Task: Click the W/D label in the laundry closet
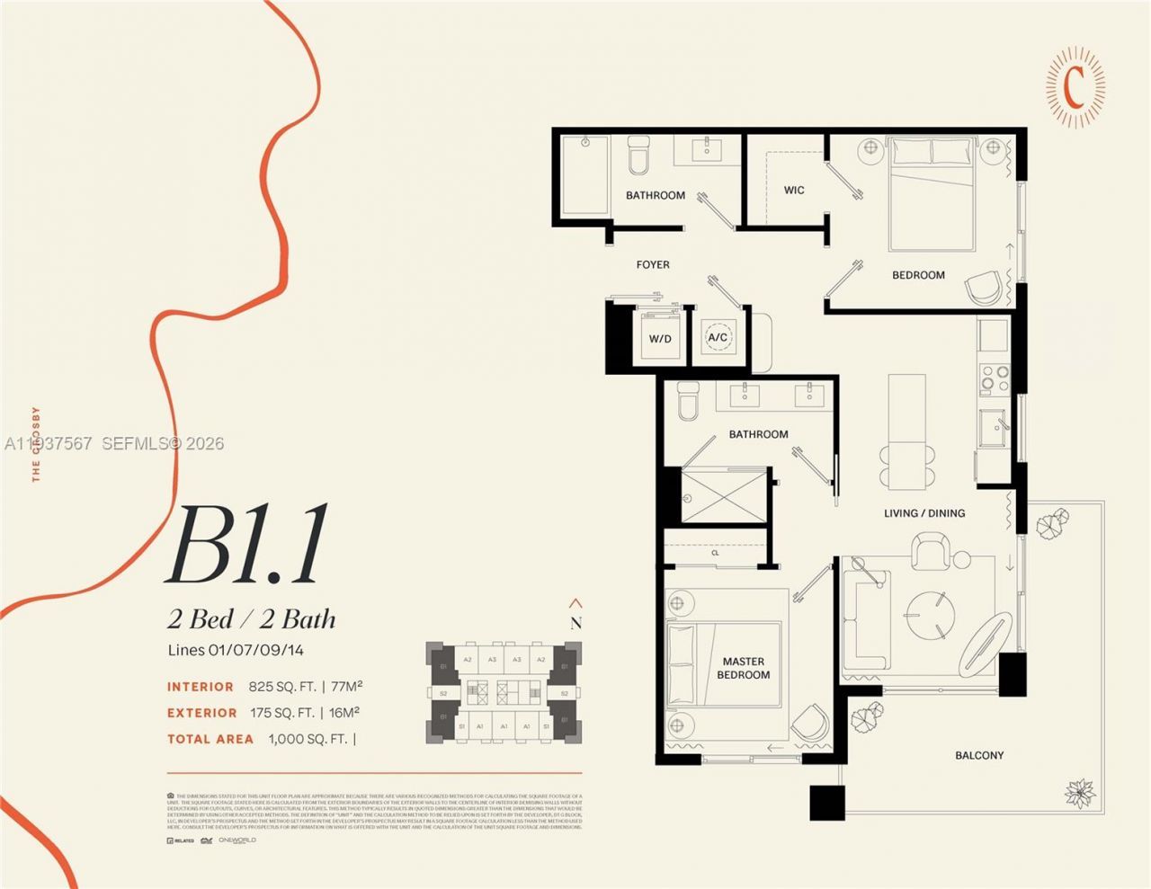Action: [x=660, y=339]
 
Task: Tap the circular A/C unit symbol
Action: [x=718, y=338]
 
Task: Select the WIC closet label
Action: [x=794, y=190]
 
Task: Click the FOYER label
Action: [x=653, y=264]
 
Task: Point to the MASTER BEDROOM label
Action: [x=743, y=668]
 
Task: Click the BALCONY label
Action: [x=979, y=755]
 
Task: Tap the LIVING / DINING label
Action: [x=924, y=513]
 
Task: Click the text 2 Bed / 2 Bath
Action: [x=252, y=619]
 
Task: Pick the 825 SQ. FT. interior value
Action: [x=282, y=687]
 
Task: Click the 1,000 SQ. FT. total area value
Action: [x=308, y=739]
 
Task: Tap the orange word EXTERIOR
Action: [x=202, y=713]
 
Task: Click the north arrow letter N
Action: [x=575, y=623]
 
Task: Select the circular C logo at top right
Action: [x=1075, y=86]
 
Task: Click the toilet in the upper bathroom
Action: [x=638, y=156]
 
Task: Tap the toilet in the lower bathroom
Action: [x=688, y=401]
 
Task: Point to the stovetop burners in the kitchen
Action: [x=995, y=378]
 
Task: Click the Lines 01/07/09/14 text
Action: [x=236, y=650]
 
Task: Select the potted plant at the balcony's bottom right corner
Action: [x=1078, y=793]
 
